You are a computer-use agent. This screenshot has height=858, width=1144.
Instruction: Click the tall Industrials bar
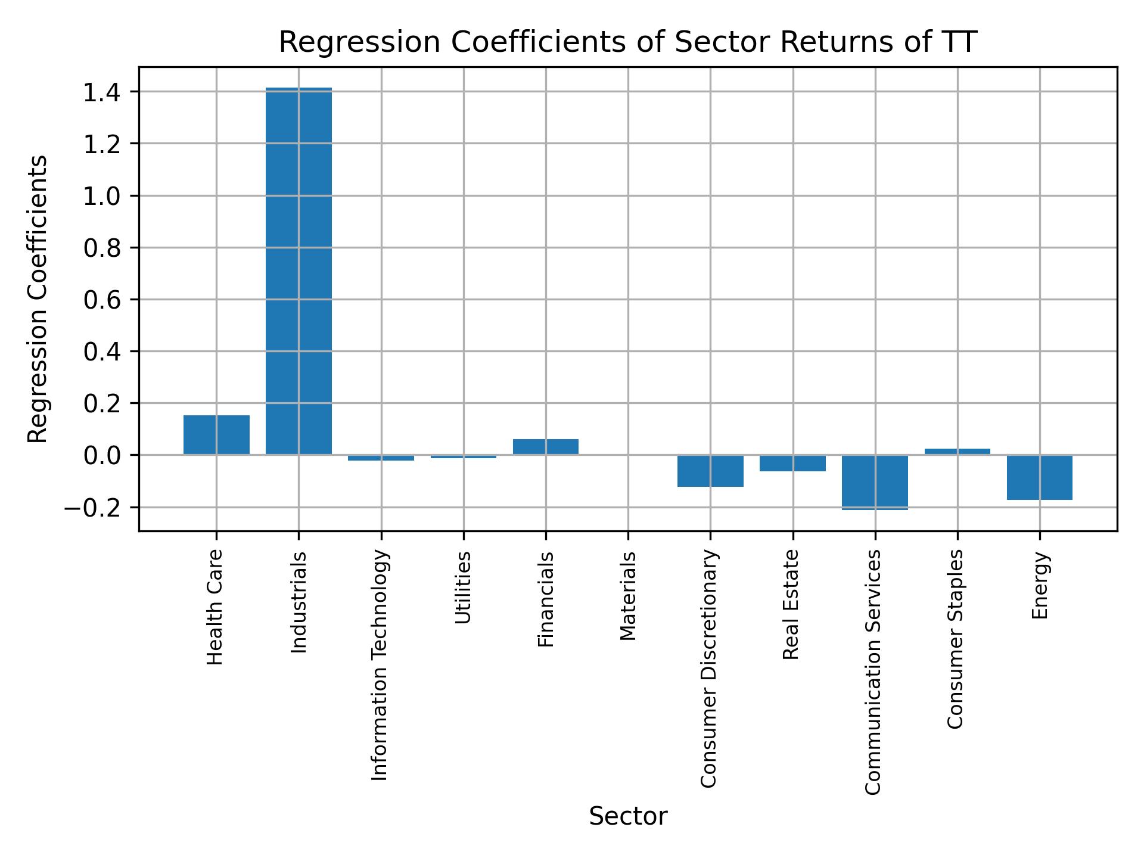[x=299, y=271]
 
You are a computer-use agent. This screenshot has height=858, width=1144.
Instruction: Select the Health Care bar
[x=216, y=435]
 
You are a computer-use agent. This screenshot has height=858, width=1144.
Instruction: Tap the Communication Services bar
[x=875, y=482]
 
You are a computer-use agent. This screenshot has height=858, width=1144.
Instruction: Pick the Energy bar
[x=1040, y=477]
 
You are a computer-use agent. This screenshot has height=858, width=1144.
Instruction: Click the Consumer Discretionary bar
[x=710, y=471]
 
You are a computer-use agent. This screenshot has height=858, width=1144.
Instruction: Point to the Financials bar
[x=546, y=447]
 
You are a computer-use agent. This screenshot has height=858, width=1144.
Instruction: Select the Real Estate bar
[x=792, y=463]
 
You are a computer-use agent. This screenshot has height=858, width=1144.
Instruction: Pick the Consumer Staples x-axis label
[x=956, y=639]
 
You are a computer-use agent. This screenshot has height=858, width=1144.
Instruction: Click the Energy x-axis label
[x=1040, y=586]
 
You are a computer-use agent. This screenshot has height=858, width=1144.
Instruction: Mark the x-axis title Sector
[x=628, y=817]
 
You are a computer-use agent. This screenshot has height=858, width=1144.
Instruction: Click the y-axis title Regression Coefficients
[x=38, y=299]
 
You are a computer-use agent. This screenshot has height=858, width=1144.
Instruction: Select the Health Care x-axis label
[x=215, y=607]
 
